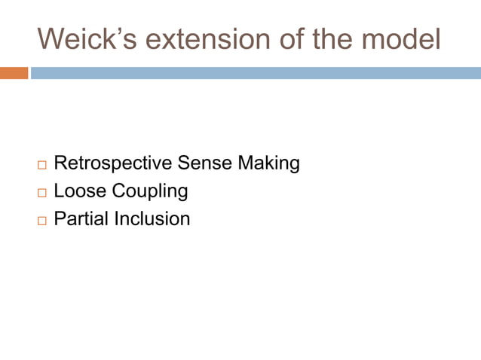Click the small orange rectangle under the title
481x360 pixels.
pyautogui.click(x=14, y=73)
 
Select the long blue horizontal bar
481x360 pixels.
pyautogui.click(x=256, y=73)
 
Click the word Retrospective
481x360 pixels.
pyautogui.click(x=113, y=163)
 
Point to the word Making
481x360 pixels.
pyautogui.click(x=269, y=163)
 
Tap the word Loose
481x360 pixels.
pyautogui.click(x=78, y=191)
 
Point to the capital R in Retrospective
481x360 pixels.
pyautogui.click(x=60, y=163)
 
